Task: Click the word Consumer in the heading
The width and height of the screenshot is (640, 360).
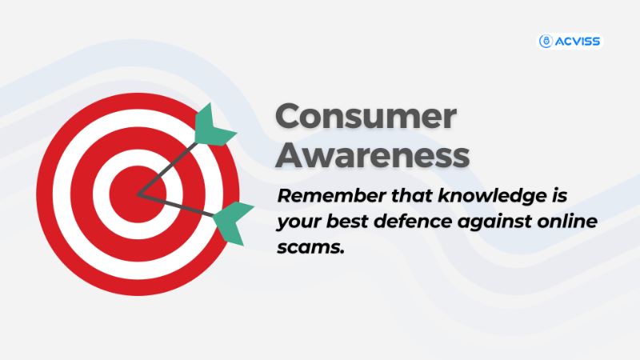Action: (366, 117)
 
